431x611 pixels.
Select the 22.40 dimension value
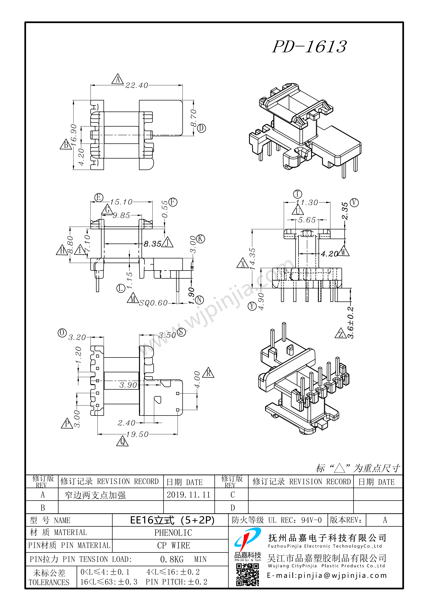point(137,85)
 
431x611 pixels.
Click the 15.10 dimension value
point(121,202)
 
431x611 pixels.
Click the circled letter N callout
point(199,300)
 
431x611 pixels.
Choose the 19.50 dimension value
point(137,434)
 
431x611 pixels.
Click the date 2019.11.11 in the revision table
point(188,495)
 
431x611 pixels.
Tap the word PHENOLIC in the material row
point(173,533)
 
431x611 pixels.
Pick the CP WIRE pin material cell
point(174,546)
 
